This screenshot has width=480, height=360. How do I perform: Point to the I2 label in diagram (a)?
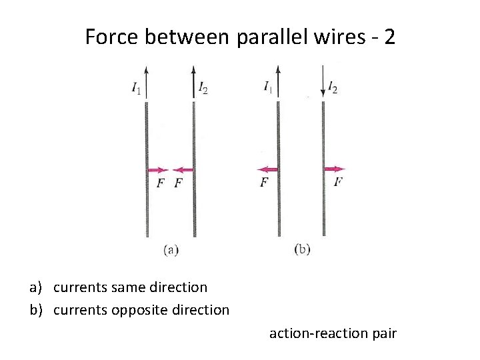[x=203, y=87]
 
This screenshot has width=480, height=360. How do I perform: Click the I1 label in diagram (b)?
[x=268, y=87]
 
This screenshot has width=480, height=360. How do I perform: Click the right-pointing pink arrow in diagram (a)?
[x=158, y=170]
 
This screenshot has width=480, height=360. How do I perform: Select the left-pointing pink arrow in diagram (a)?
[x=183, y=170]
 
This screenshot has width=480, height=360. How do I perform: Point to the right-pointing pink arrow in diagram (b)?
[x=335, y=169]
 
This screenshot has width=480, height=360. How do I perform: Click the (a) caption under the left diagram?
[x=171, y=250]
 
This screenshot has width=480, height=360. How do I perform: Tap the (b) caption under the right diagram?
[x=302, y=250]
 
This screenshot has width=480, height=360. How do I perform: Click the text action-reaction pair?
[x=333, y=333]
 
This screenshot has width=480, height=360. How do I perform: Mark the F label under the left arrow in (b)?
[x=265, y=182]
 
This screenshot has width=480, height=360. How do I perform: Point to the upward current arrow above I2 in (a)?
[x=193, y=79]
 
